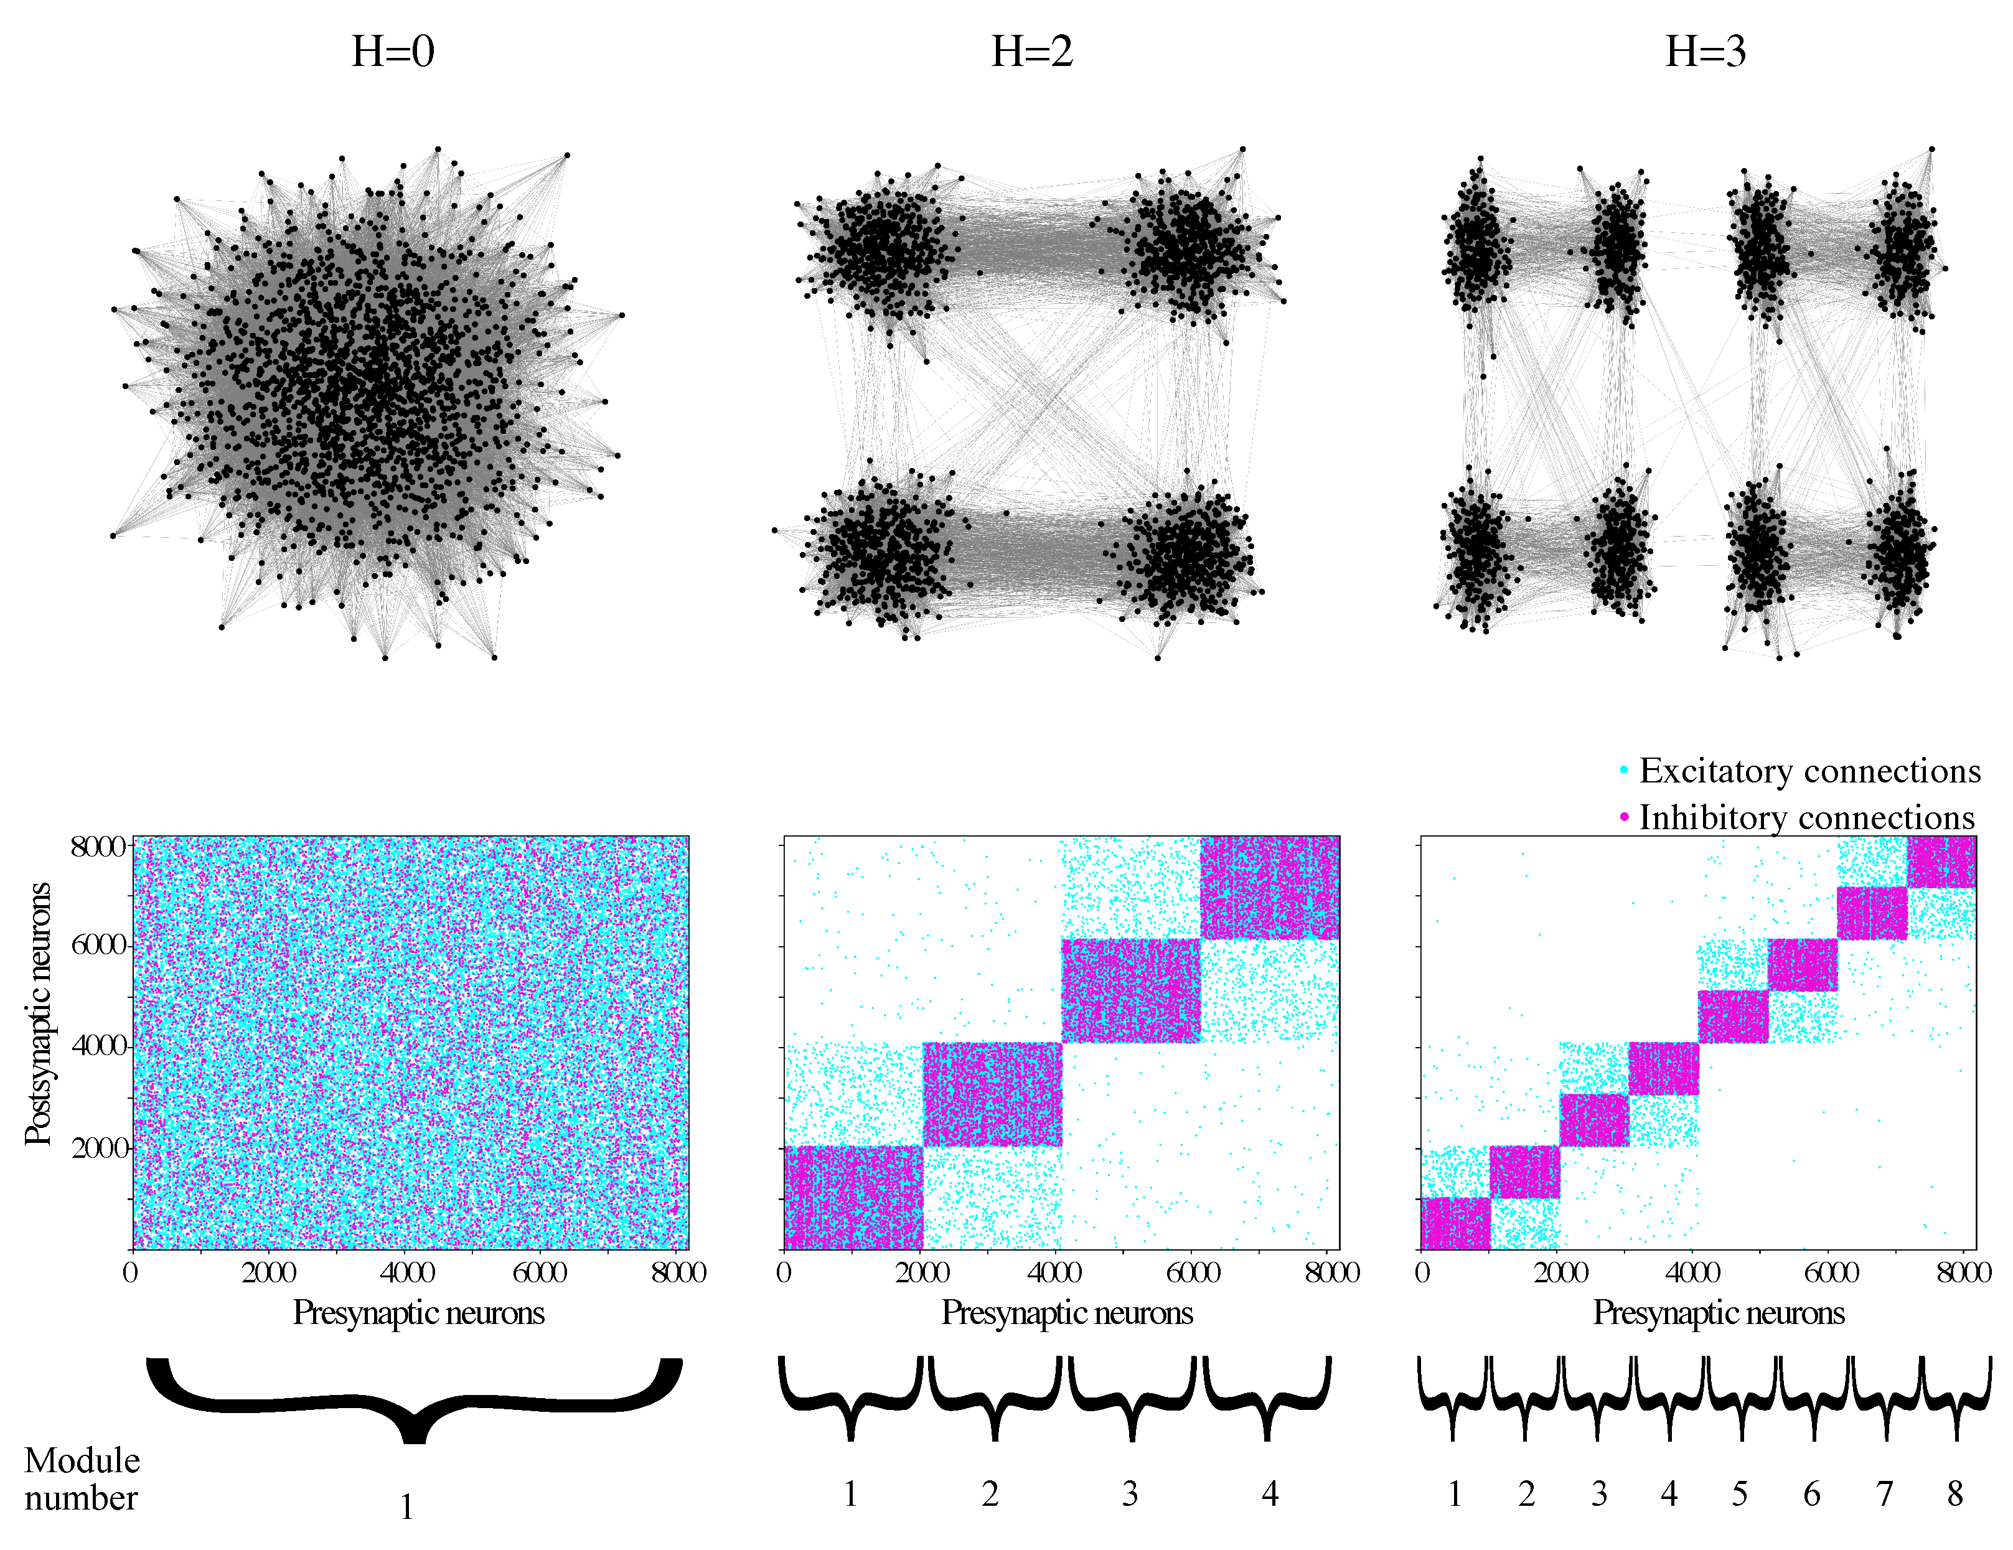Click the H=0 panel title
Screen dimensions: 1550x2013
point(393,52)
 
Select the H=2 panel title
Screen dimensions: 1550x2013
point(1031,52)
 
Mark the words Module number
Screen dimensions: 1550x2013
point(81,1479)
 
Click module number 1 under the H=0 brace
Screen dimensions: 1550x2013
point(406,1506)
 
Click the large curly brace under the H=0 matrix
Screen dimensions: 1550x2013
point(414,1396)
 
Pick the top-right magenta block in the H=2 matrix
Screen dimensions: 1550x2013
point(1270,888)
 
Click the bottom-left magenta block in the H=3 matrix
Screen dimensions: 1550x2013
point(1455,1224)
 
